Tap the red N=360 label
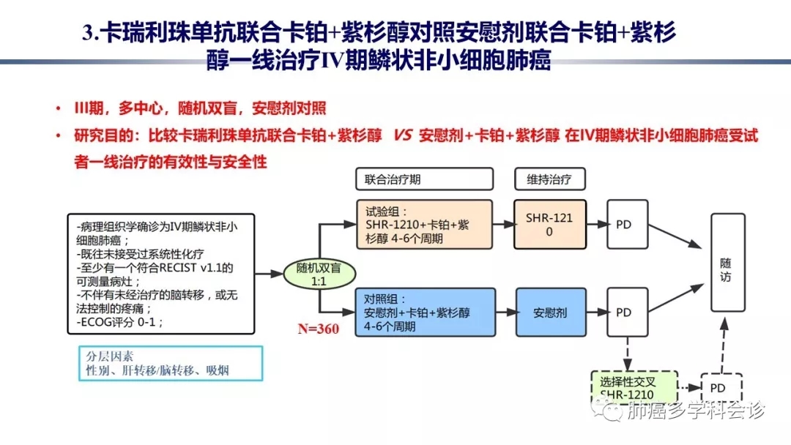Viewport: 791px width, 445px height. click(x=318, y=329)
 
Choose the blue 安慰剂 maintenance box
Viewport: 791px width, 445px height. click(x=549, y=313)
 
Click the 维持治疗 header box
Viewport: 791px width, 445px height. click(x=549, y=179)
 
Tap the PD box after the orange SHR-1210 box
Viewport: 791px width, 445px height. click(x=623, y=225)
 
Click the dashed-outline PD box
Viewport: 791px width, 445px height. click(x=717, y=388)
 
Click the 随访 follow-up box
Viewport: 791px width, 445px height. click(x=725, y=271)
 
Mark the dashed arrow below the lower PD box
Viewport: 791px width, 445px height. click(x=628, y=354)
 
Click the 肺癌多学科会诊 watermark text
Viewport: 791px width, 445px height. click(x=696, y=412)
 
